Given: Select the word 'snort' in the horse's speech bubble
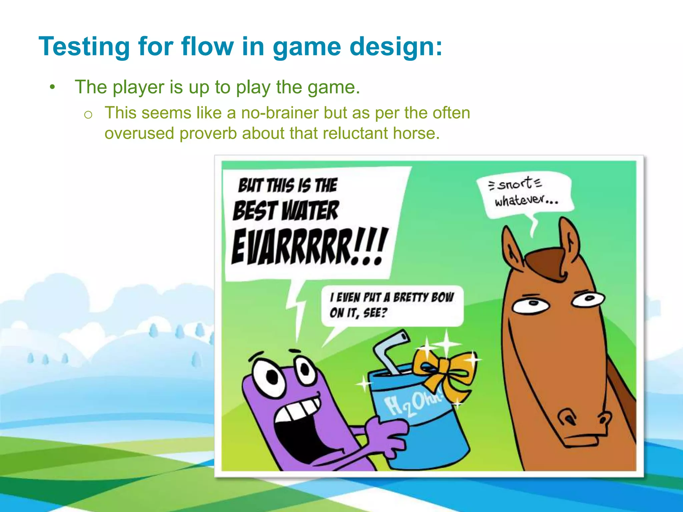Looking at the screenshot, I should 515,184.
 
